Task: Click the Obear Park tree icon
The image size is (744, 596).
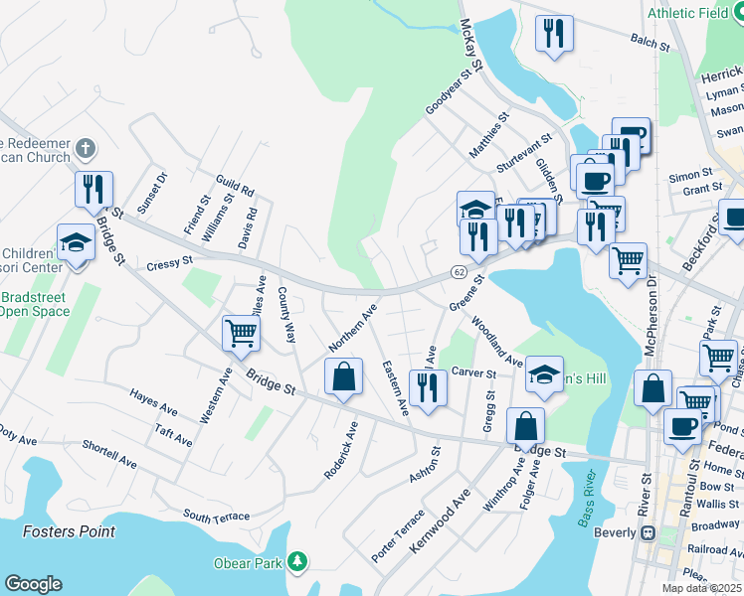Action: [x=296, y=563]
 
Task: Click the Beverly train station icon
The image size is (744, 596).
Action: [x=648, y=532]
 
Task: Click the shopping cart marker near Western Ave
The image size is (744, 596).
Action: [x=241, y=333]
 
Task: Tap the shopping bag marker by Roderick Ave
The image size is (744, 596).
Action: [x=343, y=376]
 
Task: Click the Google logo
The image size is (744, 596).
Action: [x=33, y=584]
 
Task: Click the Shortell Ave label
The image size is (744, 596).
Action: [x=109, y=454]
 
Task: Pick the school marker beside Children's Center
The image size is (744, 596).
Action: [x=76, y=241]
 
